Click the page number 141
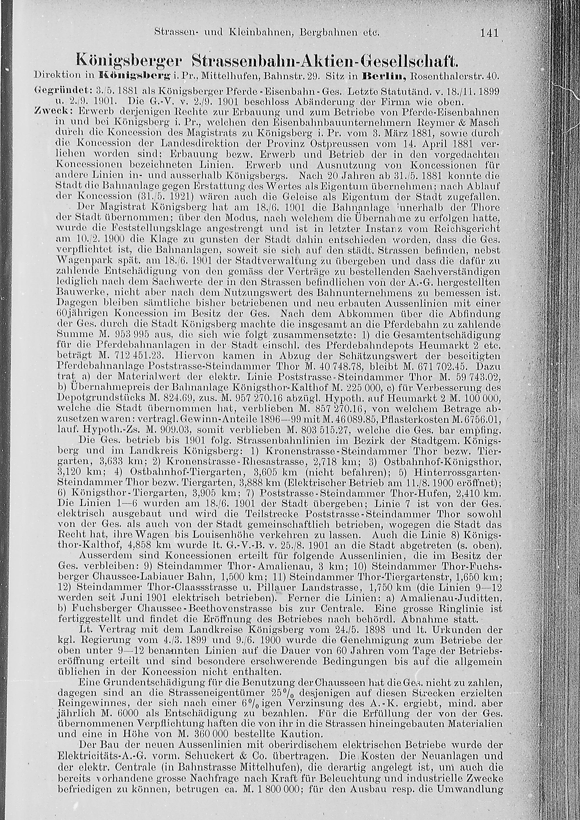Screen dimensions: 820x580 coord(489,33)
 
